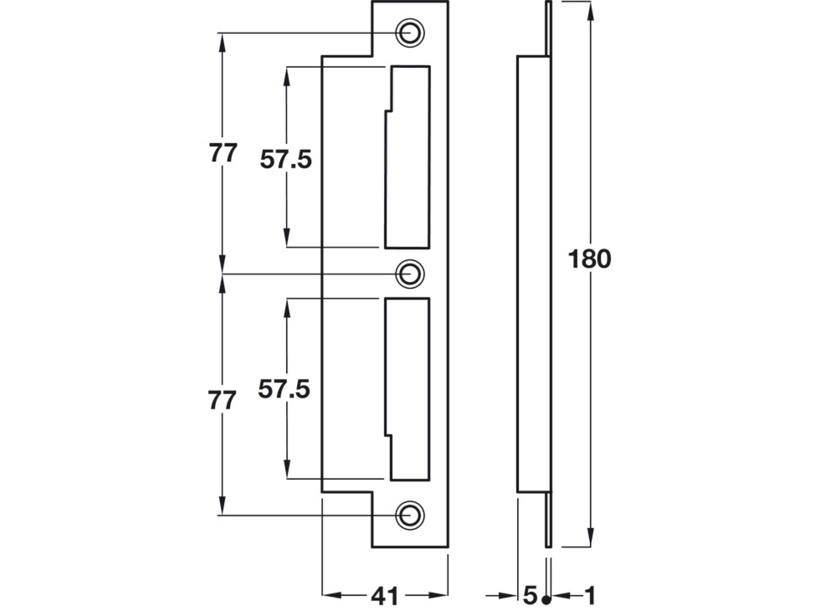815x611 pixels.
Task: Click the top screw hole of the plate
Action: point(410,33)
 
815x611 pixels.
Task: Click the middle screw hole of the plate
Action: point(410,274)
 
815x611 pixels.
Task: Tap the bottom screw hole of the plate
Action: point(410,515)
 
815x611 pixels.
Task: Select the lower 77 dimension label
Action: point(222,401)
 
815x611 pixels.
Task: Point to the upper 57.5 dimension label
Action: point(286,160)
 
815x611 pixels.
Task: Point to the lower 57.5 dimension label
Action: point(284,389)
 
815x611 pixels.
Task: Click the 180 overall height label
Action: point(589,259)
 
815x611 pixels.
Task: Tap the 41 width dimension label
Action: point(384,596)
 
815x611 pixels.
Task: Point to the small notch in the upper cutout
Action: point(388,111)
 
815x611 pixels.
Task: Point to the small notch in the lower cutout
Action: point(388,436)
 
